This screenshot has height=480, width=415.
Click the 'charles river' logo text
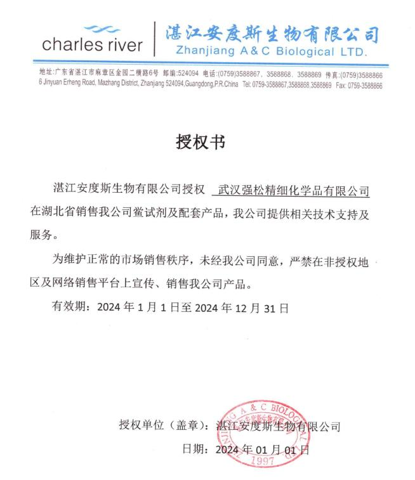coord(92,45)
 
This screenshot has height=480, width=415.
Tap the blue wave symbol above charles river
coord(101,28)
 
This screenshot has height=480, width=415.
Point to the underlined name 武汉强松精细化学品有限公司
coord(294,190)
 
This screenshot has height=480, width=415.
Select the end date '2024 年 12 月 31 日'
coord(241,308)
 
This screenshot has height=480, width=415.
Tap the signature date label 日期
coord(192,450)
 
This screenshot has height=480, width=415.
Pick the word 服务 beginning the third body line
coord(42,235)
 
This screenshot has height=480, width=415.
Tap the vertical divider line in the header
coord(155,38)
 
